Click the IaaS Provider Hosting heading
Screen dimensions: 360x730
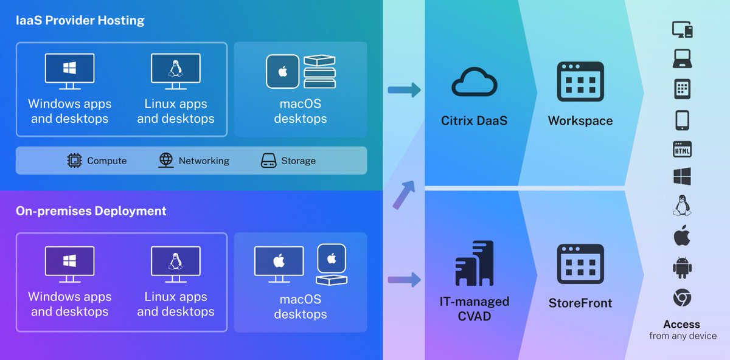(80, 21)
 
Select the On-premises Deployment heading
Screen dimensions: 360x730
(91, 211)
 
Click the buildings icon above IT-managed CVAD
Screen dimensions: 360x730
(474, 263)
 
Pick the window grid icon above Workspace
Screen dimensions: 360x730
(580, 81)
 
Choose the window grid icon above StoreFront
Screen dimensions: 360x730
(580, 263)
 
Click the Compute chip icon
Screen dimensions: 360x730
(74, 161)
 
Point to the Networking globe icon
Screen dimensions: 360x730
(165, 161)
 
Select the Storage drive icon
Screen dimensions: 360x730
(268, 161)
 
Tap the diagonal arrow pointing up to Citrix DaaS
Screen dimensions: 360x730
(403, 193)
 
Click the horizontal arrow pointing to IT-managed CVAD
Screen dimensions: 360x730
(404, 280)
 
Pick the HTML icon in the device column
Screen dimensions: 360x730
(682, 149)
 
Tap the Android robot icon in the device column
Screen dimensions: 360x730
(682, 268)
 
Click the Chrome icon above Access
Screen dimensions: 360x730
(682, 298)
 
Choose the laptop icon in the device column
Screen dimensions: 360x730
(682, 60)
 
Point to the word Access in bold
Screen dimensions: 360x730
(681, 324)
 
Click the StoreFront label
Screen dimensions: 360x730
(580, 303)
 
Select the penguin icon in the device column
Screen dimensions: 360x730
(682, 206)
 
